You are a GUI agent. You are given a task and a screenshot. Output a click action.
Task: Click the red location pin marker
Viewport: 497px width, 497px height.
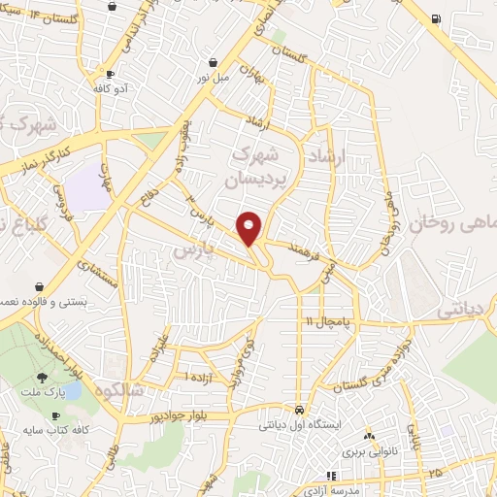tap(249, 227)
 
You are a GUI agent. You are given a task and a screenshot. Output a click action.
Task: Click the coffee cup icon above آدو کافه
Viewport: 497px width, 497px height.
tap(111, 75)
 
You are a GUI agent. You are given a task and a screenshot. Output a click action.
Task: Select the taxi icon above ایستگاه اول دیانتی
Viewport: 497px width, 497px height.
tap(302, 410)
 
